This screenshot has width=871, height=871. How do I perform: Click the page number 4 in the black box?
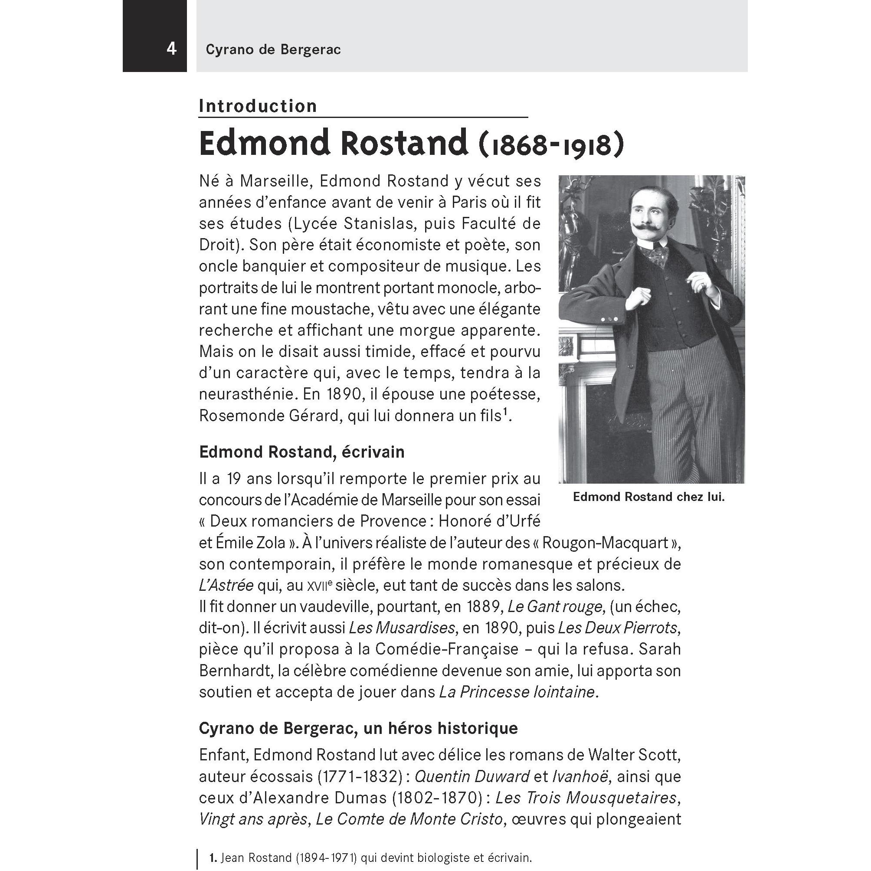171,48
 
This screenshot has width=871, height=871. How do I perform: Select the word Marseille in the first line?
275,181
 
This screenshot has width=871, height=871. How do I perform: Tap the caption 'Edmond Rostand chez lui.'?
649,497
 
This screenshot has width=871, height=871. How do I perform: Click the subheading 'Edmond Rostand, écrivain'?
301,452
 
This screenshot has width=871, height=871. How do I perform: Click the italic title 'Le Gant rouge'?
555,607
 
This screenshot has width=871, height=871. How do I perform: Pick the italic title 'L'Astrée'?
226,586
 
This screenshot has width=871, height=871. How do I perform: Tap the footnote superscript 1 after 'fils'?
506,411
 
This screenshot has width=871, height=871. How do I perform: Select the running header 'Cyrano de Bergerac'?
273,49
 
